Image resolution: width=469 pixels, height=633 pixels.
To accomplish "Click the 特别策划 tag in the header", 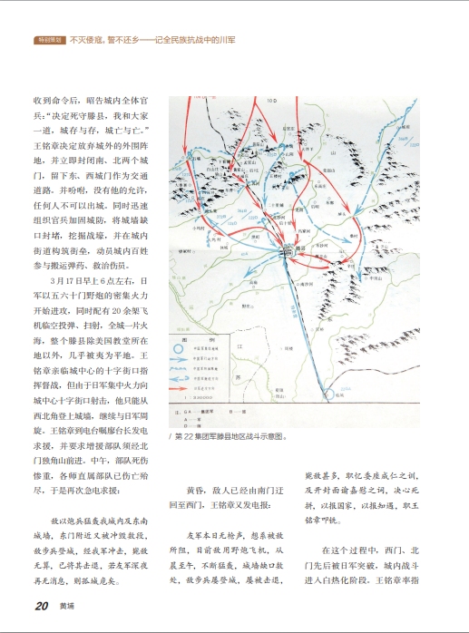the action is click(49, 41).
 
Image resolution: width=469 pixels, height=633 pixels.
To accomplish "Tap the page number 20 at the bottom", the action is click(42, 607).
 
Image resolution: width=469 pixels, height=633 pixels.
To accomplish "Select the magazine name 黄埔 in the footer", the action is click(67, 608).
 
